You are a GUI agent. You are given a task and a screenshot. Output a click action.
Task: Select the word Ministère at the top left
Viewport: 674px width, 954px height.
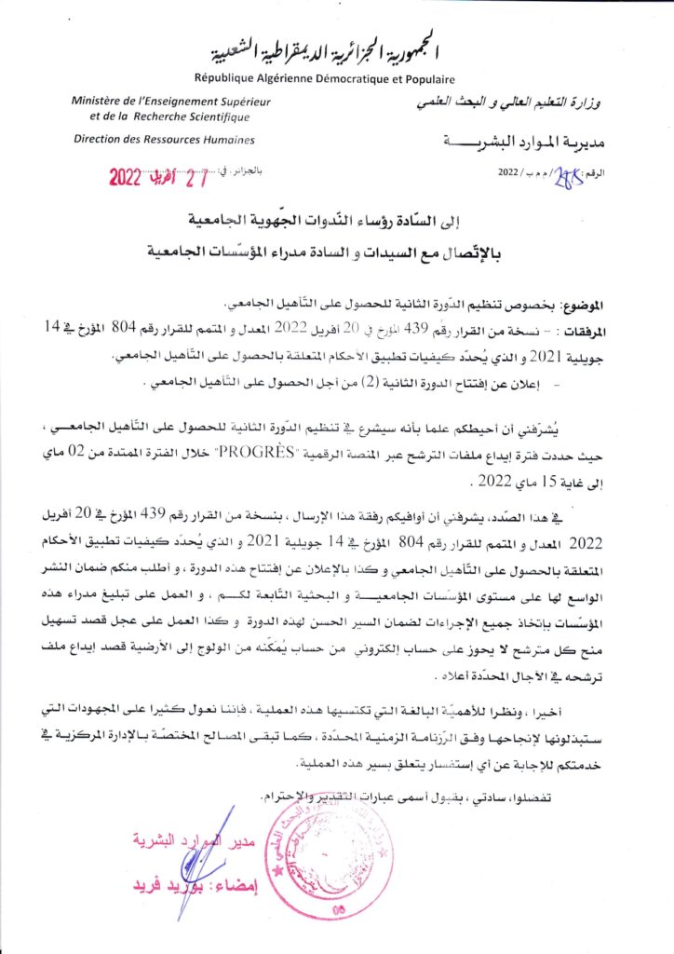tap(98, 101)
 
